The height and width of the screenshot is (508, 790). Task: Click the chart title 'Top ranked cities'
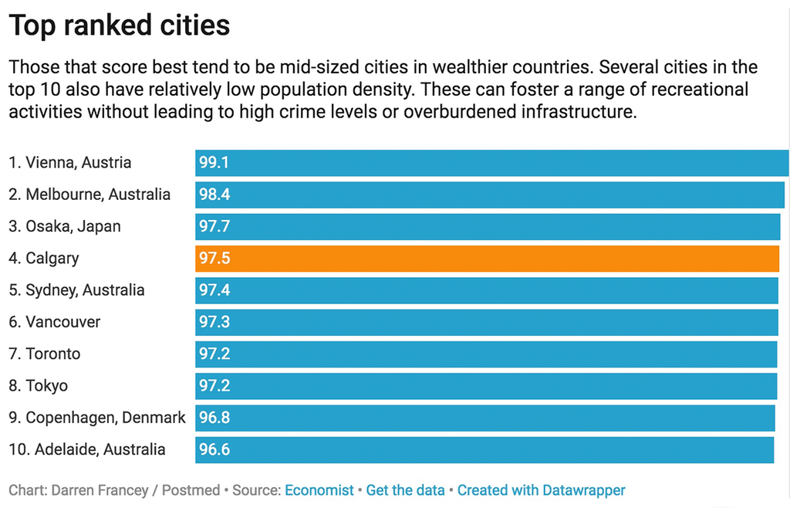[x=120, y=25]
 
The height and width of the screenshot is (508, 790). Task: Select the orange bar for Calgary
[x=486, y=258]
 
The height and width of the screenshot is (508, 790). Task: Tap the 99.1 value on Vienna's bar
[x=214, y=163]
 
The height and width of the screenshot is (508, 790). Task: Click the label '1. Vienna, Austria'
[x=70, y=163]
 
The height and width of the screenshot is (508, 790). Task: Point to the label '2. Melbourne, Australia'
[x=89, y=195]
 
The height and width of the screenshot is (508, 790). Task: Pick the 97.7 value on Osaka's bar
[x=214, y=227]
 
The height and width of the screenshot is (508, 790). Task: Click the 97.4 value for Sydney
[x=214, y=290]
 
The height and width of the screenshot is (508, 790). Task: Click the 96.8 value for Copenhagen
[x=214, y=418]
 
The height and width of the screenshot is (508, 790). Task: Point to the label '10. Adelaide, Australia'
[x=87, y=449]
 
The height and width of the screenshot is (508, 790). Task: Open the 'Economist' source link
[x=319, y=490]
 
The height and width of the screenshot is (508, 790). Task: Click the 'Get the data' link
[x=405, y=490]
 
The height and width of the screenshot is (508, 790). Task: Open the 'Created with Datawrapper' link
[x=541, y=490]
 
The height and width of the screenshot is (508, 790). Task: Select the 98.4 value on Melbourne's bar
[x=214, y=195]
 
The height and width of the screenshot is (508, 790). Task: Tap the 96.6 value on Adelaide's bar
[x=214, y=449]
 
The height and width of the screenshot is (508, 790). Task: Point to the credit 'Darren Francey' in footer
[x=90, y=490]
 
